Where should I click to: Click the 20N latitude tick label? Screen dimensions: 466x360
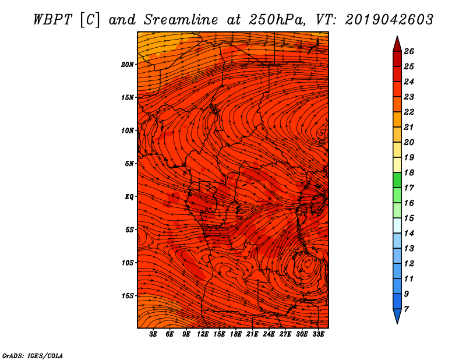pyautogui.click(x=128, y=65)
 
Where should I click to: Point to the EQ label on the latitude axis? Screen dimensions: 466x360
pyautogui.click(x=129, y=197)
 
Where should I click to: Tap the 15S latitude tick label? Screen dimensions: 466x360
pyautogui.click(x=128, y=296)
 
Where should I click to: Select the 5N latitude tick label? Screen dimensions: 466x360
pyautogui.click(x=129, y=164)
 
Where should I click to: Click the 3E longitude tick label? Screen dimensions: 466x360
pyautogui.click(x=153, y=334)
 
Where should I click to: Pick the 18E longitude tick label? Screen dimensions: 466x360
pyautogui.click(x=236, y=334)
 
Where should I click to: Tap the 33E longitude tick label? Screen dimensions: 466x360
pyautogui.click(x=318, y=334)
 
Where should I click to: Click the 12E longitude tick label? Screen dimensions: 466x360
pyautogui.click(x=202, y=334)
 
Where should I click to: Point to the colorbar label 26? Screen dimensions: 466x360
pyautogui.click(x=409, y=51)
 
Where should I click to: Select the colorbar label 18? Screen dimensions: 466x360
pyautogui.click(x=409, y=172)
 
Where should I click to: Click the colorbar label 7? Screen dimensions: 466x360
pyautogui.click(x=406, y=309)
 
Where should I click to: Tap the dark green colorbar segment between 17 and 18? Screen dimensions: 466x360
pyautogui.click(x=397, y=180)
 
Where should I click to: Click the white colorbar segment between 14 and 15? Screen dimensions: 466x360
pyautogui.click(x=397, y=225)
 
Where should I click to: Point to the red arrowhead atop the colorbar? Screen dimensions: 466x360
pyautogui.click(x=397, y=44)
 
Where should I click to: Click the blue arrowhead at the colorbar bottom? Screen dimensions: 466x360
pyautogui.click(x=397, y=316)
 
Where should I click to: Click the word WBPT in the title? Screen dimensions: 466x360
pyautogui.click(x=52, y=20)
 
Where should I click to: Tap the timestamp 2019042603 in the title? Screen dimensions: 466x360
pyautogui.click(x=389, y=20)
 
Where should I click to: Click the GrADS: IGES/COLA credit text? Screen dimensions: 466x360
pyautogui.click(x=33, y=356)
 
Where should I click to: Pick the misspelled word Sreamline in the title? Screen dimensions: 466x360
pyautogui.click(x=181, y=20)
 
